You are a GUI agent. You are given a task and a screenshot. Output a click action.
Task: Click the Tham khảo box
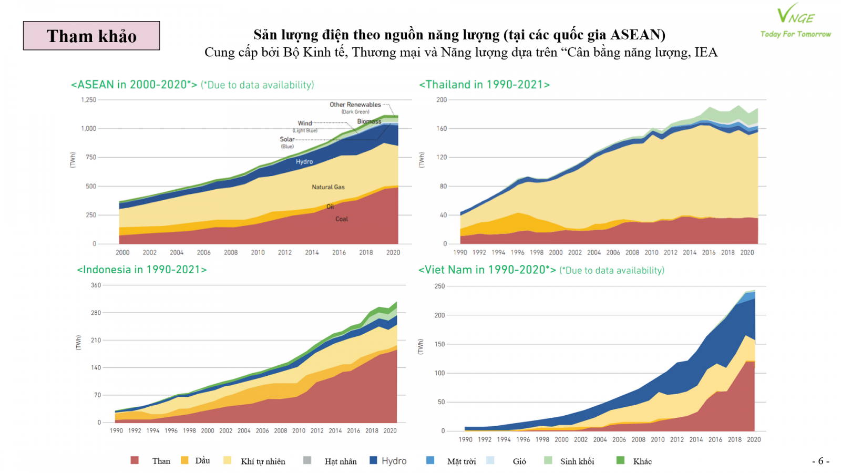click(x=91, y=36)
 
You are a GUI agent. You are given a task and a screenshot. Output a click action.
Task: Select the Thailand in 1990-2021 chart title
click(x=484, y=85)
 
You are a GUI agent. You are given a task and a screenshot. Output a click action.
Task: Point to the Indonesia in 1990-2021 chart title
click(x=142, y=270)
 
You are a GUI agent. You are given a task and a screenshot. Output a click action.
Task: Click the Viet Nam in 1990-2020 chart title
click(x=487, y=270)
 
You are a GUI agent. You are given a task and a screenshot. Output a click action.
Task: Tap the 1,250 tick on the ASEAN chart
click(x=88, y=100)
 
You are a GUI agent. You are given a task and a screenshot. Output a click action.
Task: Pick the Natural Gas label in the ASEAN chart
click(x=328, y=187)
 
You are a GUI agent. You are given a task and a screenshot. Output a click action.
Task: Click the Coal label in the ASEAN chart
click(x=342, y=219)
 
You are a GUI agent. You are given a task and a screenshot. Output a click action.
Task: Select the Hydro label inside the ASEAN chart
click(x=304, y=162)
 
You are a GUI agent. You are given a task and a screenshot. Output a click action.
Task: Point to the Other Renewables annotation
click(x=355, y=105)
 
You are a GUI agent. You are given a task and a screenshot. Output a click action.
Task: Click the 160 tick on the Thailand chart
click(x=442, y=128)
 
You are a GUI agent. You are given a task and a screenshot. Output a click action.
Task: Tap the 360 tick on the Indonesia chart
click(x=96, y=285)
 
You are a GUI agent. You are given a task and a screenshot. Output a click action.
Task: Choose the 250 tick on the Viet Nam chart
click(x=439, y=286)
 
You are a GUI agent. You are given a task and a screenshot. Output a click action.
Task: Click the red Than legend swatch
click(x=135, y=460)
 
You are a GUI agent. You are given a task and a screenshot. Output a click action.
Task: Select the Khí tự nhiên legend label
click(x=263, y=461)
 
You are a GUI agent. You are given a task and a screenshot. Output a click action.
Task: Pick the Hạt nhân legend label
click(x=341, y=461)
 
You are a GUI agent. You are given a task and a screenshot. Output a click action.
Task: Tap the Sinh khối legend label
click(x=577, y=461)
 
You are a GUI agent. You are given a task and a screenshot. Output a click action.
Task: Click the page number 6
click(x=821, y=461)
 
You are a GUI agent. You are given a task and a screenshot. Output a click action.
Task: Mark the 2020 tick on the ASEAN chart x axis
click(x=393, y=252)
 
